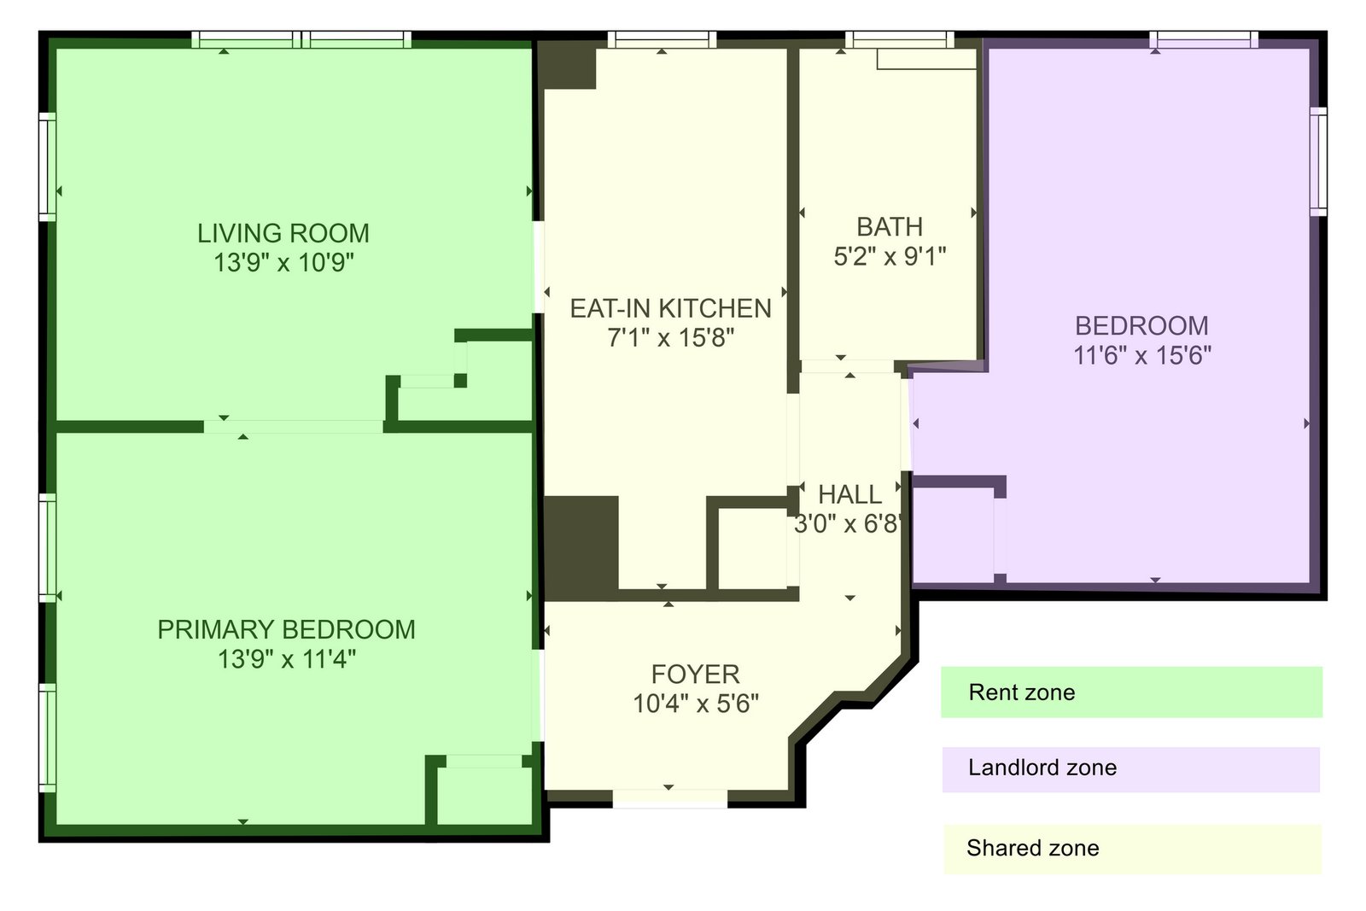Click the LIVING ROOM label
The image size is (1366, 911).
tap(283, 233)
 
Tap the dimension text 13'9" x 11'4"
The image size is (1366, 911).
tap(286, 659)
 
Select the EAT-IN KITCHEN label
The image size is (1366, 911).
tap(670, 308)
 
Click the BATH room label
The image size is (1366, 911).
tap(890, 227)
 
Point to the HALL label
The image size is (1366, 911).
tap(849, 494)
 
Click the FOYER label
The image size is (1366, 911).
tap(695, 674)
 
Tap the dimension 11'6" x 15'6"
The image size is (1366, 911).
tap(1141, 355)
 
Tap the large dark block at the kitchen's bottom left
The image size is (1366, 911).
tap(581, 547)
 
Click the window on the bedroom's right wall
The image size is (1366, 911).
tap(1318, 161)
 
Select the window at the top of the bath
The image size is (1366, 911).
tap(899, 39)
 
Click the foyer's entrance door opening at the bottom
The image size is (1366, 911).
tap(670, 798)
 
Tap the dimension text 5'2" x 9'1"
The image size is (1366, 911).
tap(890, 256)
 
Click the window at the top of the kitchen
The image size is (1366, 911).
tap(662, 39)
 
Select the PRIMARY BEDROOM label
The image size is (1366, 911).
tap(286, 630)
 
